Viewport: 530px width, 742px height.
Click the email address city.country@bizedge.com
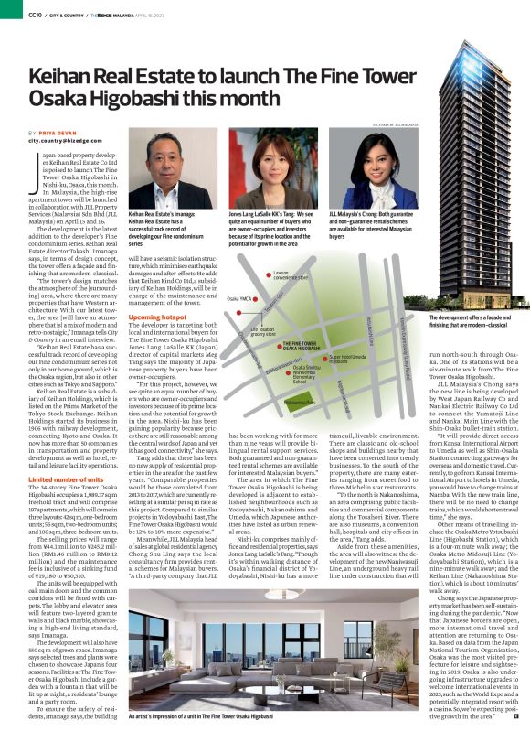point(59,141)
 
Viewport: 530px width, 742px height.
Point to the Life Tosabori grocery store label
point(264,328)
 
